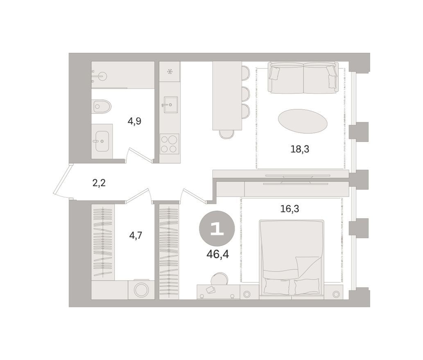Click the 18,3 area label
(300, 149)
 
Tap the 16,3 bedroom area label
(290, 209)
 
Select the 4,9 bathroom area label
(134, 122)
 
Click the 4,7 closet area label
(136, 236)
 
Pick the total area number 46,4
(217, 254)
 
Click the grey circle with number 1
(217, 229)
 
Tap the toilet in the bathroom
(102, 107)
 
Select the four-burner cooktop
(169, 144)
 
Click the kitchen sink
(170, 105)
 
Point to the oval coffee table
(302, 121)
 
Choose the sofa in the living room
(303, 78)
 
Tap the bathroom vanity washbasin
(102, 141)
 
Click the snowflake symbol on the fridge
(170, 72)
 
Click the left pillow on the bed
(276, 286)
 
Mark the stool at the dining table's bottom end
(226, 134)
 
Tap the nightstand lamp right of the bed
(336, 294)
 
